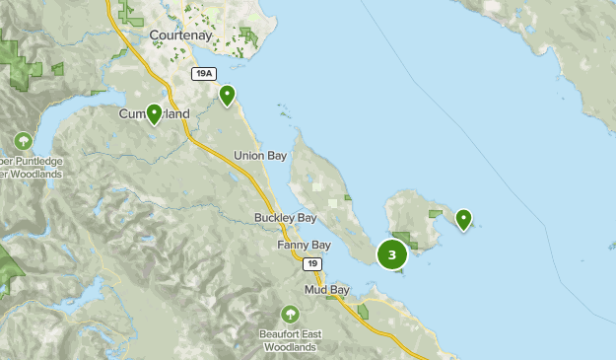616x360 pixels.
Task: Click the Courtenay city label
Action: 180,36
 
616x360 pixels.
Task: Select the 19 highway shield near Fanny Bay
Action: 311,263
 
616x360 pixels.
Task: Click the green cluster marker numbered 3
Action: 392,254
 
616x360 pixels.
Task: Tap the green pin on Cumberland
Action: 155,113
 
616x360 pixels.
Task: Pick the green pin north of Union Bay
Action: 228,96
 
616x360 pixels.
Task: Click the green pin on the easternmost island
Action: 463,218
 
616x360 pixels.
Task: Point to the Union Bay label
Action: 259,155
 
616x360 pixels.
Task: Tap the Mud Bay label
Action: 326,290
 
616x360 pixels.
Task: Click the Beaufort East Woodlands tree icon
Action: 290,315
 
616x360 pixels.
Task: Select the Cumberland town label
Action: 155,115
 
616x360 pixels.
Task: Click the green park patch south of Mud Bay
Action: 364,312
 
